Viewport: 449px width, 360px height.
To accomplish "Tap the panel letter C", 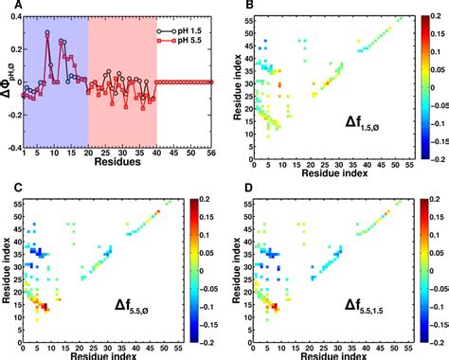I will (x=7, y=189).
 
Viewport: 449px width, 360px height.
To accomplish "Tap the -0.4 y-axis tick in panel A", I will (x=11, y=147).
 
